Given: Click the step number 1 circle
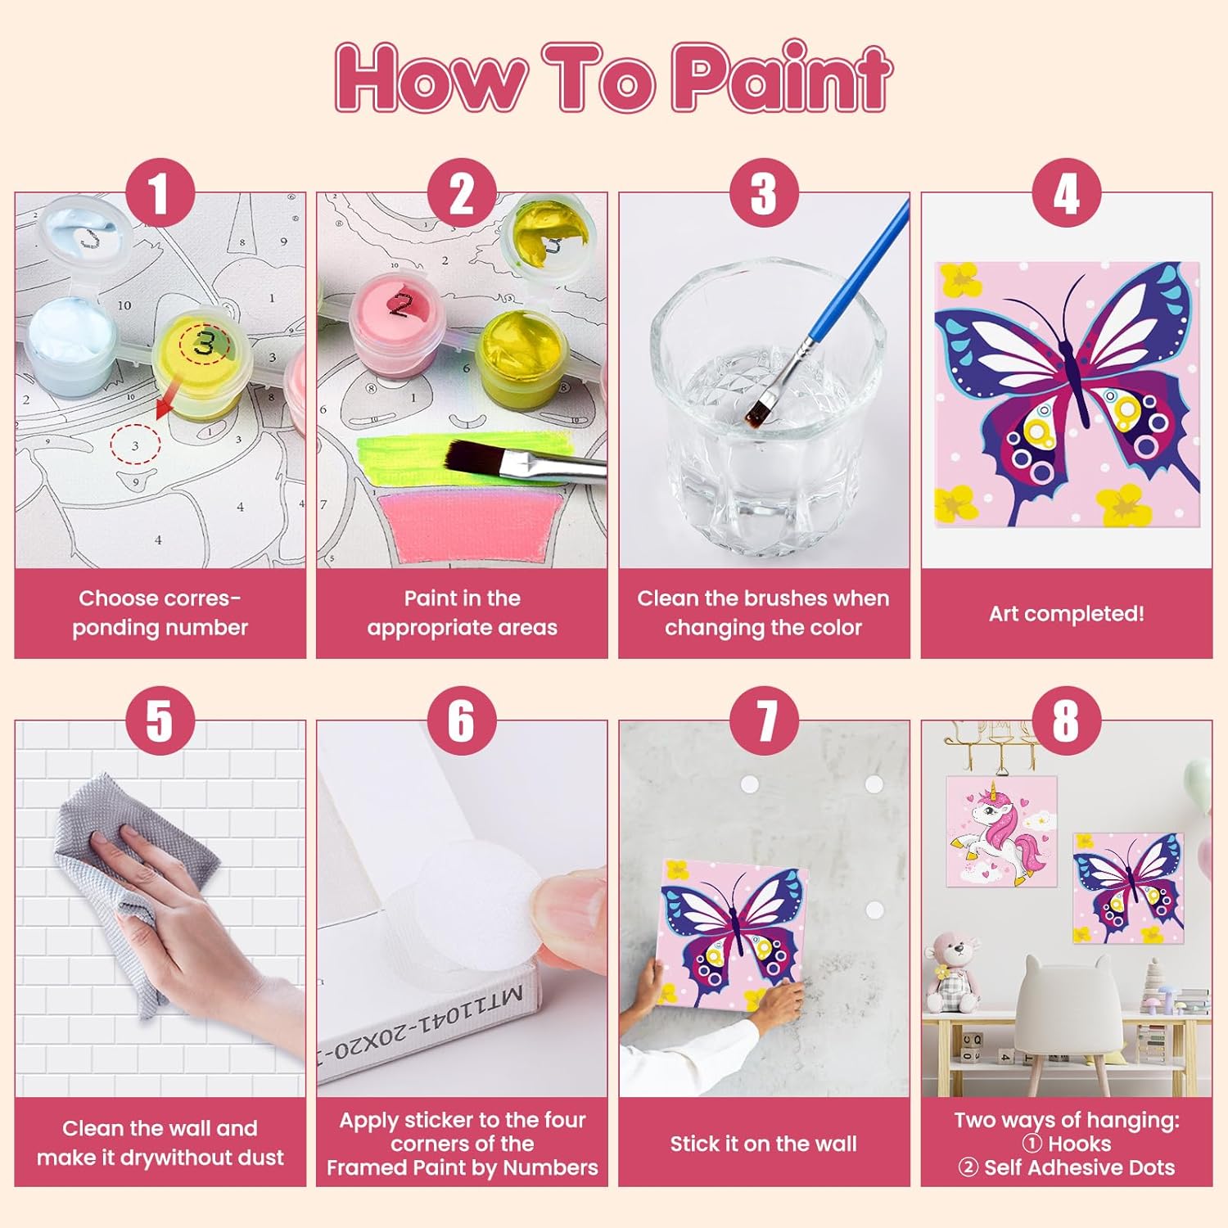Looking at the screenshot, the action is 160,193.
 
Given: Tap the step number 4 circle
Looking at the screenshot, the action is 1066,193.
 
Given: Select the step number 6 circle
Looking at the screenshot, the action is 462,721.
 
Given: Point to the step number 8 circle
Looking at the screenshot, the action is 1066,721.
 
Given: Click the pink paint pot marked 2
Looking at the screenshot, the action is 400,323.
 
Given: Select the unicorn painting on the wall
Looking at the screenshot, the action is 1001,832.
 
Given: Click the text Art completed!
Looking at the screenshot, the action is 1066,613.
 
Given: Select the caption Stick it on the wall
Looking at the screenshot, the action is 763,1144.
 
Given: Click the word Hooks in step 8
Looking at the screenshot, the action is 1079,1144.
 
